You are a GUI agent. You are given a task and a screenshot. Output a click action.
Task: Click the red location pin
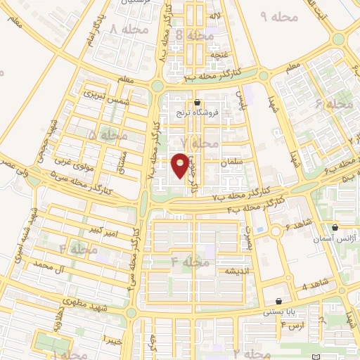[x=181, y=165]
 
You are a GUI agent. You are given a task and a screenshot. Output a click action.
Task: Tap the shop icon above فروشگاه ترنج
[x=205, y=102]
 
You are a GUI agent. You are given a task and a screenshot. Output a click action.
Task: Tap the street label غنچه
[x=203, y=52]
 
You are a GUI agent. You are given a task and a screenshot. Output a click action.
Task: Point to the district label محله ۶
[x=334, y=103]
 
